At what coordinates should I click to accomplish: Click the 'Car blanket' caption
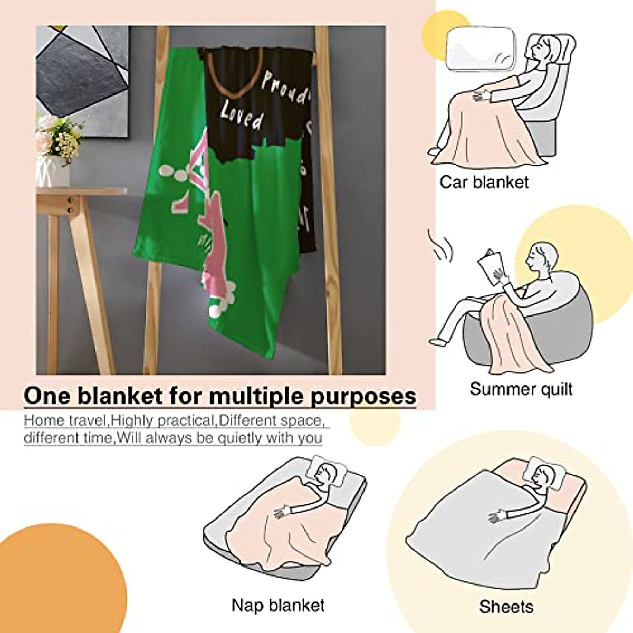click(484, 182)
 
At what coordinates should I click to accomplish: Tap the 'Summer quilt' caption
click(521, 389)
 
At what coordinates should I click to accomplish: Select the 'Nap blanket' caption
click(278, 605)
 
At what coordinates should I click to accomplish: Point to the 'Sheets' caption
click(506, 607)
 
